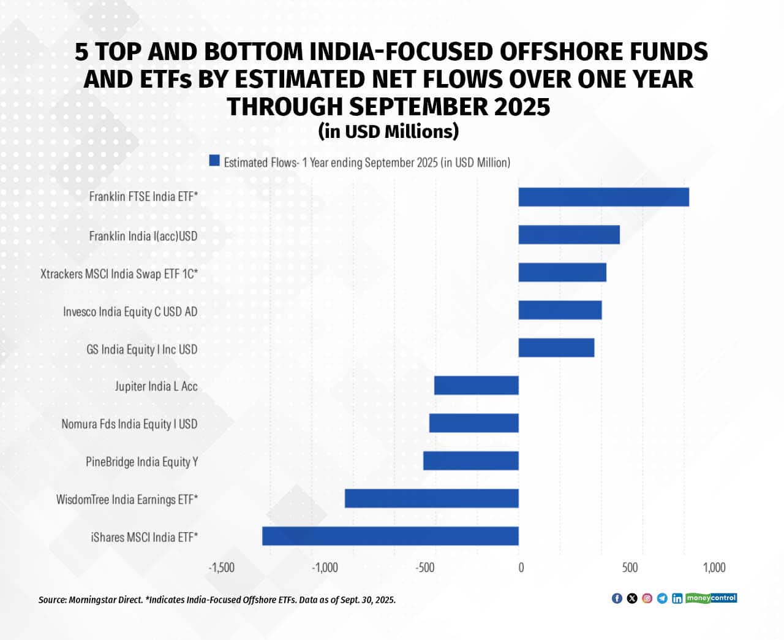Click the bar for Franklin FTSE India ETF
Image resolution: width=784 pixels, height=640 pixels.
pos(603,197)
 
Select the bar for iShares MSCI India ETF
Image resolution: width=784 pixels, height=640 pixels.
pos(390,536)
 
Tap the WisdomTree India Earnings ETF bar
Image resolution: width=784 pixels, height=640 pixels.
pos(431,498)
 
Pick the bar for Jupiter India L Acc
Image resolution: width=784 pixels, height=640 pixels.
pos(476,386)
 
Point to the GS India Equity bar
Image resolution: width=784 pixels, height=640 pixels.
pos(556,348)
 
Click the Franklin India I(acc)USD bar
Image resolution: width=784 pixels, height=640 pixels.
pos(569,235)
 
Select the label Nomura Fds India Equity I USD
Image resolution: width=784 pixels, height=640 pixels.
pos(129,424)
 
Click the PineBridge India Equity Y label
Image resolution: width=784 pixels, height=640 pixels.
pos(141,462)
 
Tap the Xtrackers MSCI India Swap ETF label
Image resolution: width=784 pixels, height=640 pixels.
pos(119,273)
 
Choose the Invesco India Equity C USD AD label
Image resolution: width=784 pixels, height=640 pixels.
pos(130,311)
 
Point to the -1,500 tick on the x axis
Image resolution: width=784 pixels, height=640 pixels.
pos(221,568)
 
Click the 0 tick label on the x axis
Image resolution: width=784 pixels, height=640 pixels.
pos(521,568)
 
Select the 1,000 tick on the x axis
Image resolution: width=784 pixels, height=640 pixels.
pos(714,568)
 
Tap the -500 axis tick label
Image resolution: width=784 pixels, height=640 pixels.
pos(424,568)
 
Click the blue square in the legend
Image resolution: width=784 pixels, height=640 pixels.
pos(214,161)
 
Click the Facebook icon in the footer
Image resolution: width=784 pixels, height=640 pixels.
pos(617,598)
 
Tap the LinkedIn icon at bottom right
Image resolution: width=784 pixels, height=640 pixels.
pos(677,598)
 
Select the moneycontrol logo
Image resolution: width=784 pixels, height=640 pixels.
pos(711,598)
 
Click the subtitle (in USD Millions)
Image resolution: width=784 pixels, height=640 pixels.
pos(388,131)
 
